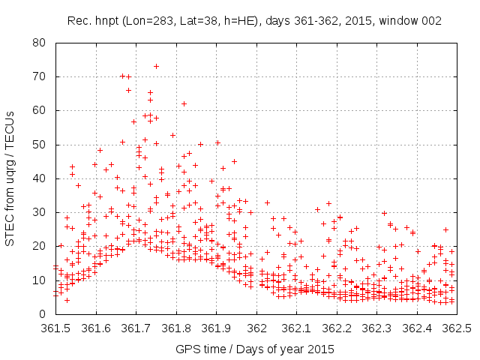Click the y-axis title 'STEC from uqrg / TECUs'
click(11, 178)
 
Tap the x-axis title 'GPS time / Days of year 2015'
click(255, 349)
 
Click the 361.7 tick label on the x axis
click(136, 328)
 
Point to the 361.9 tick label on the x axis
click(216, 328)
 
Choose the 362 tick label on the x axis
click(256, 328)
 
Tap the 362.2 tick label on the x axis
click(337, 328)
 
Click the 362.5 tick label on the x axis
click(457, 328)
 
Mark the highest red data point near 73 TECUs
click(156, 66)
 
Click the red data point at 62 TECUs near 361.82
click(184, 103)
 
